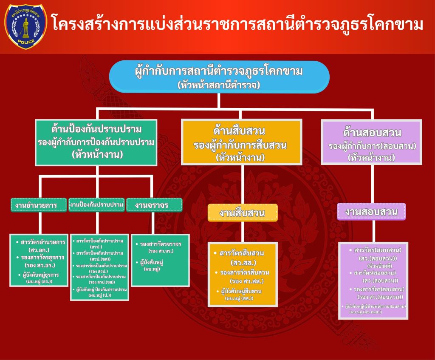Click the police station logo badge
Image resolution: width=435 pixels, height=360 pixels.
tap(26, 26)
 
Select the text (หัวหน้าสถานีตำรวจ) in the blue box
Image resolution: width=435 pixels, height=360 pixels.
tap(219, 85)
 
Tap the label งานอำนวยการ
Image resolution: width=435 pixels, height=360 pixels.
tap(39, 205)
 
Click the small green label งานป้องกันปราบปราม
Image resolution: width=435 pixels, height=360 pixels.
tap(96, 205)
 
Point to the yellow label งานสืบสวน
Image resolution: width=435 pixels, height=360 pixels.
tap(242, 213)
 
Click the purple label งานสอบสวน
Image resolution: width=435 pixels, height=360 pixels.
tap(371, 212)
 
